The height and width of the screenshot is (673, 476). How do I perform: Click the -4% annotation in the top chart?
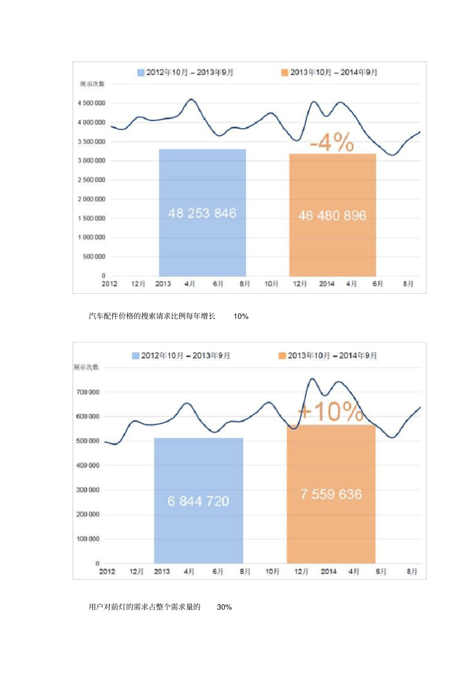(x=332, y=142)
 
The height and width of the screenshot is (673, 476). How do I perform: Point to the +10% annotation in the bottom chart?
(x=331, y=411)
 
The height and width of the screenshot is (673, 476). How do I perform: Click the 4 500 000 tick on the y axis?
(x=92, y=103)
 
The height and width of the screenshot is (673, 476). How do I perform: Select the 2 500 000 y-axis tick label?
(x=92, y=180)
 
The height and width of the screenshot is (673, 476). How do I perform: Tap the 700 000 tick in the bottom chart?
(x=88, y=392)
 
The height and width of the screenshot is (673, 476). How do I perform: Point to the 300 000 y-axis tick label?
(x=88, y=490)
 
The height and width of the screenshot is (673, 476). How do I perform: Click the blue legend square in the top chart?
(x=141, y=73)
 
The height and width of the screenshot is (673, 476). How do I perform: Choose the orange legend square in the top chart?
(x=285, y=73)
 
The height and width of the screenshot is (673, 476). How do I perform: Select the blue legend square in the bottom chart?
(x=135, y=356)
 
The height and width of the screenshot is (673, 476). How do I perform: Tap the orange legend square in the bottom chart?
(x=282, y=356)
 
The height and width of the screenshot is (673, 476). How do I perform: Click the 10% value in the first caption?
(x=241, y=316)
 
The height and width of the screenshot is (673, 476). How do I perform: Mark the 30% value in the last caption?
(x=224, y=607)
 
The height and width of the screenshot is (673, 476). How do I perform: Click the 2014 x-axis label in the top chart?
(x=327, y=284)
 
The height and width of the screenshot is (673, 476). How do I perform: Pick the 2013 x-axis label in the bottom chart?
(x=162, y=571)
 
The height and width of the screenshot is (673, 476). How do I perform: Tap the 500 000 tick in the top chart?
(x=94, y=257)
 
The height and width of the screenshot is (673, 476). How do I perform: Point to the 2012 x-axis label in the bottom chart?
(x=107, y=571)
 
